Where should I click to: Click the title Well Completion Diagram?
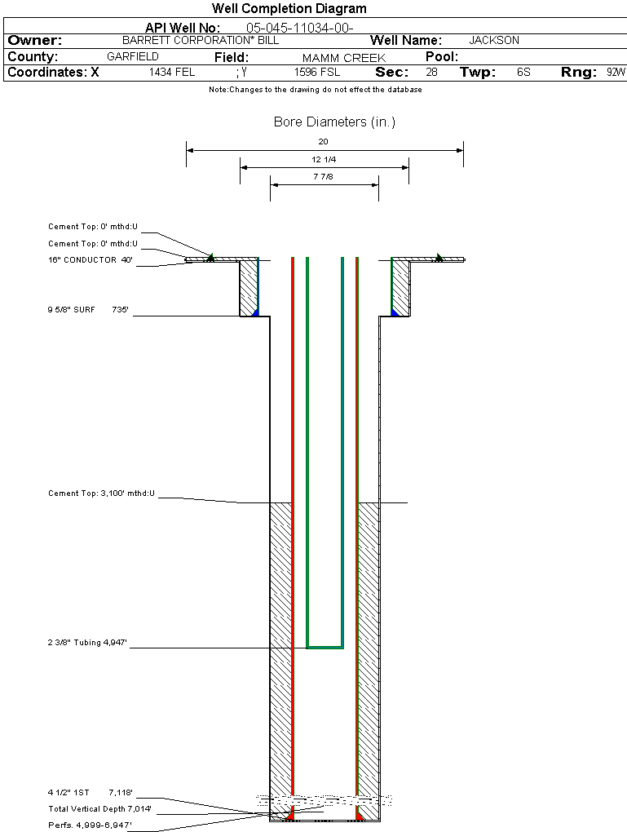(289, 9)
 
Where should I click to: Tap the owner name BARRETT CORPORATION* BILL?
(194, 40)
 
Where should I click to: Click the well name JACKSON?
(494, 40)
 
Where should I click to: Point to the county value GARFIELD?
(133, 57)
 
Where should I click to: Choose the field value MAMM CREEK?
(343, 58)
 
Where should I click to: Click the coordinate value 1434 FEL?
(172, 73)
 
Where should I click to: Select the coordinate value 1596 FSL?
(317, 73)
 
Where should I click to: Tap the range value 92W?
(616, 73)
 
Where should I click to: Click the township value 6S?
(523, 73)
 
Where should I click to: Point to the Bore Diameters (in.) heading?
(334, 122)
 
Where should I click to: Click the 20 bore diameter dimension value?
(324, 142)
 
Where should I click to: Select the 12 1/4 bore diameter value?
(324, 159)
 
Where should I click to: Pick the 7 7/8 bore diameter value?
(324, 176)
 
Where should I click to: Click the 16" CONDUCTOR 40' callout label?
(90, 261)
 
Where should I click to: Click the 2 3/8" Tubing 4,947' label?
(88, 644)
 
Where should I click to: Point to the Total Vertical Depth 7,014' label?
(99, 809)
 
